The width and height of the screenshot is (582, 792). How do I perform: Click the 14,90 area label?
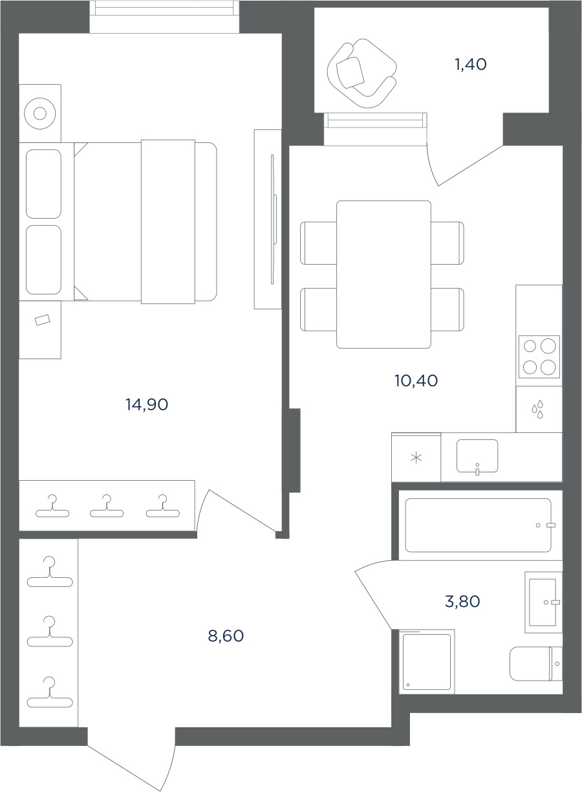pyautogui.click(x=147, y=404)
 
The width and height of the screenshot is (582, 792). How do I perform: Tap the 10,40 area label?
pyautogui.click(x=416, y=381)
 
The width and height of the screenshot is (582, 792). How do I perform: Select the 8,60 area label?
pyautogui.click(x=226, y=636)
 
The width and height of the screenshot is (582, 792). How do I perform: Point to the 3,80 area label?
pyautogui.click(x=462, y=601)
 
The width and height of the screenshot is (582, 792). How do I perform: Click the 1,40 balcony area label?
pyautogui.click(x=471, y=65)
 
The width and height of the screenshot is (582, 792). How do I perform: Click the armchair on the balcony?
pyautogui.click(x=362, y=73)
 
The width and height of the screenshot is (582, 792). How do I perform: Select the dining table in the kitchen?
pyautogui.click(x=383, y=274)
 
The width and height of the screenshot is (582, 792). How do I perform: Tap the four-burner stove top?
pyautogui.click(x=539, y=357)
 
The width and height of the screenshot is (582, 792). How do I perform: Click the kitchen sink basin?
pyautogui.click(x=477, y=456)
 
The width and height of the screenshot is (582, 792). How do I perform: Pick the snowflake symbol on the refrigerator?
pyautogui.click(x=416, y=458)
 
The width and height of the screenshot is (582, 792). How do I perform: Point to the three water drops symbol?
pyautogui.click(x=537, y=410)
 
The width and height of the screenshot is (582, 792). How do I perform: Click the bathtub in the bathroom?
pyautogui.click(x=478, y=525)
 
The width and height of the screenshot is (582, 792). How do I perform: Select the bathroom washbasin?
pyautogui.click(x=543, y=602)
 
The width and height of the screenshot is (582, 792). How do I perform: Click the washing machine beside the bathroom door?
pyautogui.click(x=427, y=662)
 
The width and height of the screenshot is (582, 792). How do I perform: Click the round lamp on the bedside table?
pyautogui.click(x=40, y=114)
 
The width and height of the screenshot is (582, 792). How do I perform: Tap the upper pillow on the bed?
pyautogui.click(x=43, y=184)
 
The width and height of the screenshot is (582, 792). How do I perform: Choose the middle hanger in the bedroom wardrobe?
pyautogui.click(x=107, y=506)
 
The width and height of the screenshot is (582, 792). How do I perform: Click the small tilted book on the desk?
pyautogui.click(x=43, y=320)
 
